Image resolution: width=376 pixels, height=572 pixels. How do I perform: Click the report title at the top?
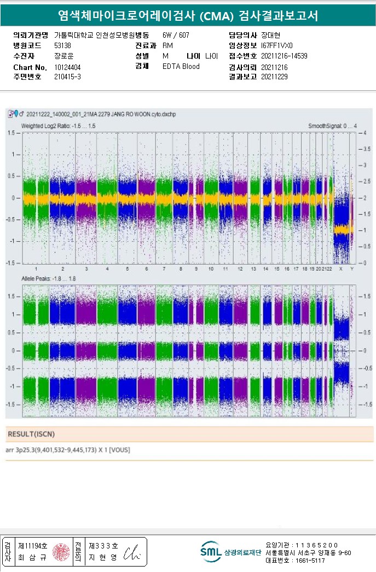click(188, 16)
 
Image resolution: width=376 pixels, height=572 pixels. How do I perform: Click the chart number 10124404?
click(67, 67)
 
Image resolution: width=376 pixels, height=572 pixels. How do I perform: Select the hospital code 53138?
click(63, 46)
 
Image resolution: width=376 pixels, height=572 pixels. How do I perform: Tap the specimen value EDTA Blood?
click(181, 67)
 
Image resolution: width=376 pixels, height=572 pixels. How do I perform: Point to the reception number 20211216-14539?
click(284, 56)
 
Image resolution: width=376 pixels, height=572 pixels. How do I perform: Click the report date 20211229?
click(274, 77)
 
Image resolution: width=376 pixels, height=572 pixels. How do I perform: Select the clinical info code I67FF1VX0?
click(277, 46)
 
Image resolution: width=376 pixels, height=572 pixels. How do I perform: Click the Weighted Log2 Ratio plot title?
click(58, 126)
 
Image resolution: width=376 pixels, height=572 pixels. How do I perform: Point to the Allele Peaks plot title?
click(49, 279)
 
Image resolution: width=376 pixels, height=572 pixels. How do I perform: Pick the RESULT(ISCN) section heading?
click(31, 434)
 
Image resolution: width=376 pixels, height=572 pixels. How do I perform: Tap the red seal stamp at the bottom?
click(61, 552)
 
